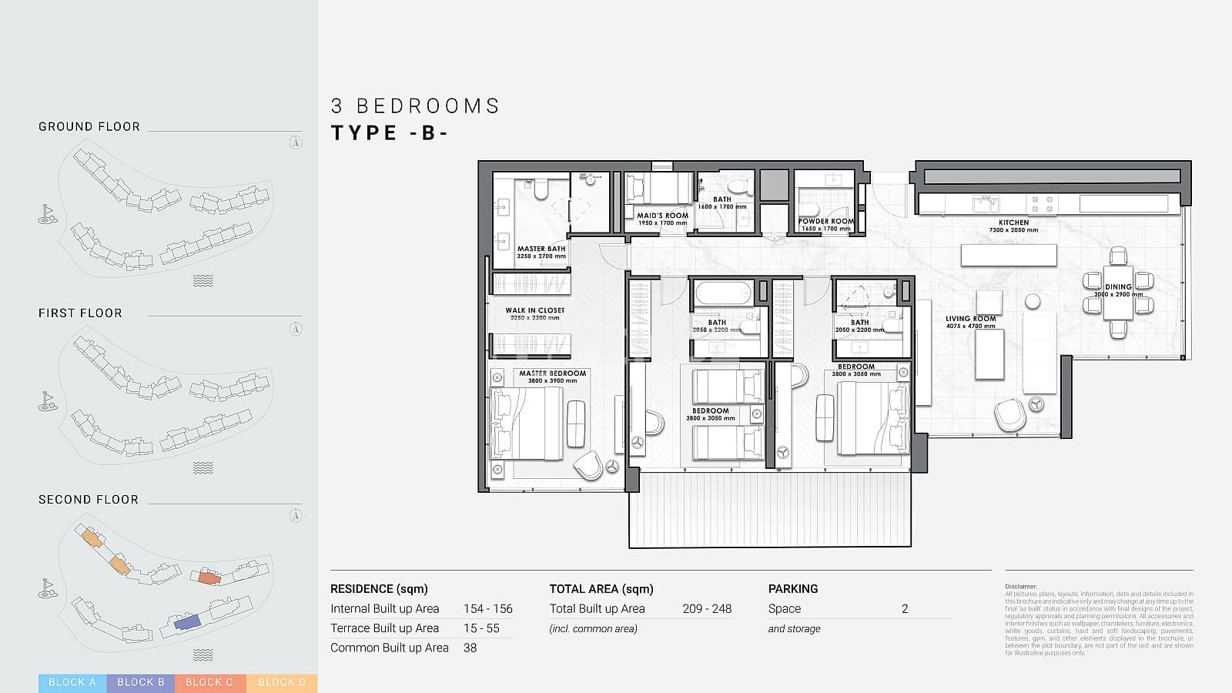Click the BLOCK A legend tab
tap(72, 682)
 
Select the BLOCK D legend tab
tap(282, 682)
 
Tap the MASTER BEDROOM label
tap(552, 373)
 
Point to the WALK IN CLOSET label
tap(535, 310)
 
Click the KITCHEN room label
tap(1013, 223)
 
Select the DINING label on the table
tap(1118, 286)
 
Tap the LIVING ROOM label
tap(971, 319)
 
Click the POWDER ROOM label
tap(825, 221)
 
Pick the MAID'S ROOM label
tap(662, 216)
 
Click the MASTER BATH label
tap(541, 249)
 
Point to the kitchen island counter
tap(1009, 255)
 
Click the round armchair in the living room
tap(1009, 416)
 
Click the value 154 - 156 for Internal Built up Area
tap(487, 608)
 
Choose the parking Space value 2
tap(905, 608)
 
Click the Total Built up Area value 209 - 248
tap(707, 608)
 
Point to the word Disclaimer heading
tap(1021, 587)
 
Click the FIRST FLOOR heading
tap(80, 313)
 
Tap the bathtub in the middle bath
tap(722, 293)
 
